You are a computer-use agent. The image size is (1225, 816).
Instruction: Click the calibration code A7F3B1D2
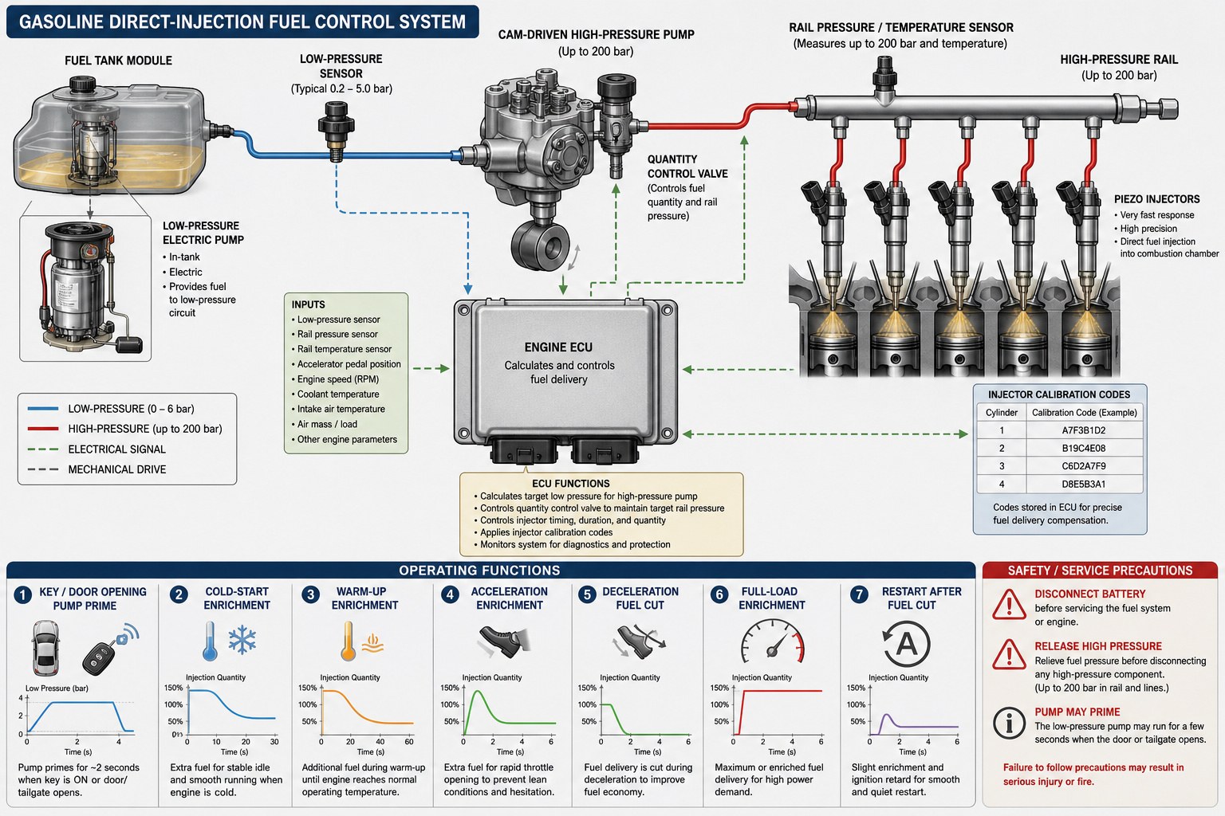coord(1083,430)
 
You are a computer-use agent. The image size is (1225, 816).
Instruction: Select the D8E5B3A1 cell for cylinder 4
coord(1083,484)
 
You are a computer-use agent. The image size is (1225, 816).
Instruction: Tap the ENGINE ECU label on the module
coord(558,347)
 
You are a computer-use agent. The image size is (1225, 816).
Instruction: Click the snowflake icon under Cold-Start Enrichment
coord(242,640)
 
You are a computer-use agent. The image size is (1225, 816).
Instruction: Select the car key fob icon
coord(110,649)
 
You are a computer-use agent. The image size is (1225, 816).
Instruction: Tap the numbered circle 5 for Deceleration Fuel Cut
coord(587,594)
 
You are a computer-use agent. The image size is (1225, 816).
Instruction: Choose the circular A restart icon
coord(906,643)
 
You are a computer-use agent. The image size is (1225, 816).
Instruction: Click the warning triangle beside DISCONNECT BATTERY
coord(1009,605)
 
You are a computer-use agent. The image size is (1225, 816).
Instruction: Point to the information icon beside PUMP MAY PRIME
coord(1009,723)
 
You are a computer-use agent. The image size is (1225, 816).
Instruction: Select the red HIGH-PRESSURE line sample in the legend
coord(42,429)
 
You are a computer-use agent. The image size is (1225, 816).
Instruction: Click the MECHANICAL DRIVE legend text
coord(117,469)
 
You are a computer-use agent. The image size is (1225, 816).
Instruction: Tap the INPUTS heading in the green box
coord(308,304)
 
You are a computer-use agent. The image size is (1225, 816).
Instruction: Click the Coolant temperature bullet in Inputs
coord(338,394)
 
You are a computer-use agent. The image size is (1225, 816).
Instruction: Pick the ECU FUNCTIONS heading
coord(570,483)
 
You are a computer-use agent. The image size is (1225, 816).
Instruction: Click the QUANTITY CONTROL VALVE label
coord(687,167)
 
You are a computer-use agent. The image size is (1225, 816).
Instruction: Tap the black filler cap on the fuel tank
coord(83,84)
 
